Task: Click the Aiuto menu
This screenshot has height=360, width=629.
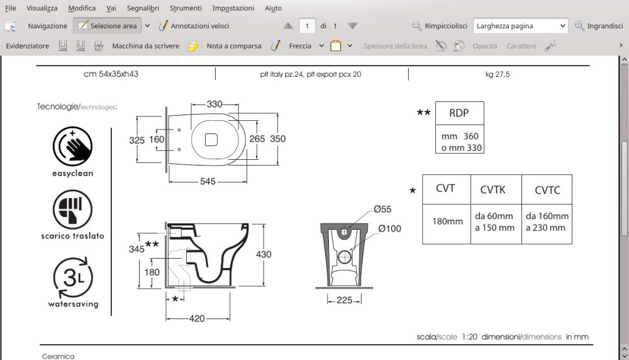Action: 273,8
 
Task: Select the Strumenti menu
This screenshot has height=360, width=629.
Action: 186,8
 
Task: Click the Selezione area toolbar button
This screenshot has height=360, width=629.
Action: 107,26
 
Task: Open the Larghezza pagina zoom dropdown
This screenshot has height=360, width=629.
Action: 521,26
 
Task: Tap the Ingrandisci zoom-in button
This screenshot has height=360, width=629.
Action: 599,26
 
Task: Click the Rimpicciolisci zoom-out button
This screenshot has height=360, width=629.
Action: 440,26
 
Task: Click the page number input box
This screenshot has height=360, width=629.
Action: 307,26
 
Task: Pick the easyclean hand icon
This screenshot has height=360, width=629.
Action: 72,146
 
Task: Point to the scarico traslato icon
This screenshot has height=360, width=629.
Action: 72,210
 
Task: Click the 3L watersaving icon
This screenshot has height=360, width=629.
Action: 72,278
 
